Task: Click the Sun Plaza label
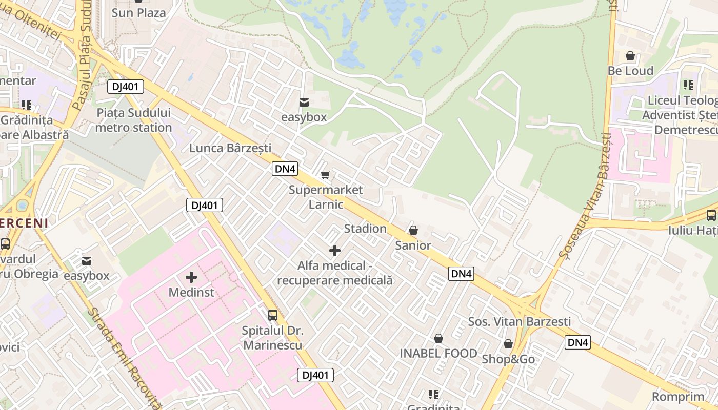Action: click(x=138, y=13)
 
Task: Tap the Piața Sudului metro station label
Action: click(x=133, y=120)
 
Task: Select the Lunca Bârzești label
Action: click(x=230, y=148)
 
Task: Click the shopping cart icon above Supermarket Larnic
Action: click(x=325, y=175)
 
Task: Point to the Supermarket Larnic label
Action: click(x=326, y=197)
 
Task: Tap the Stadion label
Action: click(x=365, y=229)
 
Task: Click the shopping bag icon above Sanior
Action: click(x=413, y=230)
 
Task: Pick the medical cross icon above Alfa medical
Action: click(x=335, y=251)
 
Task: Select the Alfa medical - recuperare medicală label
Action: click(x=335, y=273)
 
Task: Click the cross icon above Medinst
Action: click(x=191, y=277)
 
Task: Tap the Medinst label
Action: click(x=191, y=293)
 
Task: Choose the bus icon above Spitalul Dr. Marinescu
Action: click(x=273, y=315)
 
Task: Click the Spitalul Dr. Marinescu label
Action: click(x=273, y=338)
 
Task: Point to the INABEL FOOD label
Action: click(x=438, y=353)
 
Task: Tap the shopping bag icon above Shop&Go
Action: click(x=508, y=344)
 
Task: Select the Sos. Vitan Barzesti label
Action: click(x=519, y=322)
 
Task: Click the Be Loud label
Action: click(x=630, y=71)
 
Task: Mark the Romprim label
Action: click(x=678, y=397)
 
